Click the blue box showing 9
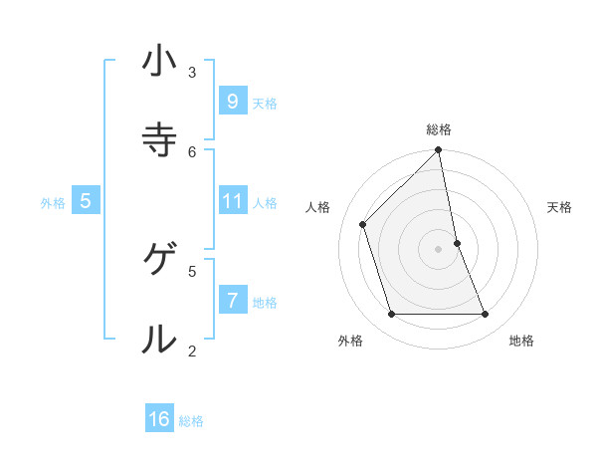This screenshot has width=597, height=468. pyautogui.click(x=232, y=101)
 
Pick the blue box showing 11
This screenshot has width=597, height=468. pyautogui.click(x=232, y=201)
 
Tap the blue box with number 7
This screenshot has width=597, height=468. pyautogui.click(x=232, y=300)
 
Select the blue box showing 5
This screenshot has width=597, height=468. pyautogui.click(x=86, y=201)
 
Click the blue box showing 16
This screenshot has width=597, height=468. pyautogui.click(x=159, y=419)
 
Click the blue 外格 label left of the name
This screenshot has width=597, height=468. pyautogui.click(x=53, y=203)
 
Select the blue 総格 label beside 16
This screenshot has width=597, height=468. pyautogui.click(x=191, y=421)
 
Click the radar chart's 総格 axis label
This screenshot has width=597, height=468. pyautogui.click(x=439, y=129)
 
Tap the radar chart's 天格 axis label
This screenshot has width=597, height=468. pyautogui.click(x=560, y=207)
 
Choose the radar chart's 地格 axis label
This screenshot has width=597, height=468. pyautogui.click(x=521, y=341)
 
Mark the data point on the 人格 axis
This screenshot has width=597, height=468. pyautogui.click(x=363, y=224)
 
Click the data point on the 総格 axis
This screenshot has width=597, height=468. pyautogui.click(x=439, y=150)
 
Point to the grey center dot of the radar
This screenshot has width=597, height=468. pyautogui.click(x=439, y=249)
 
